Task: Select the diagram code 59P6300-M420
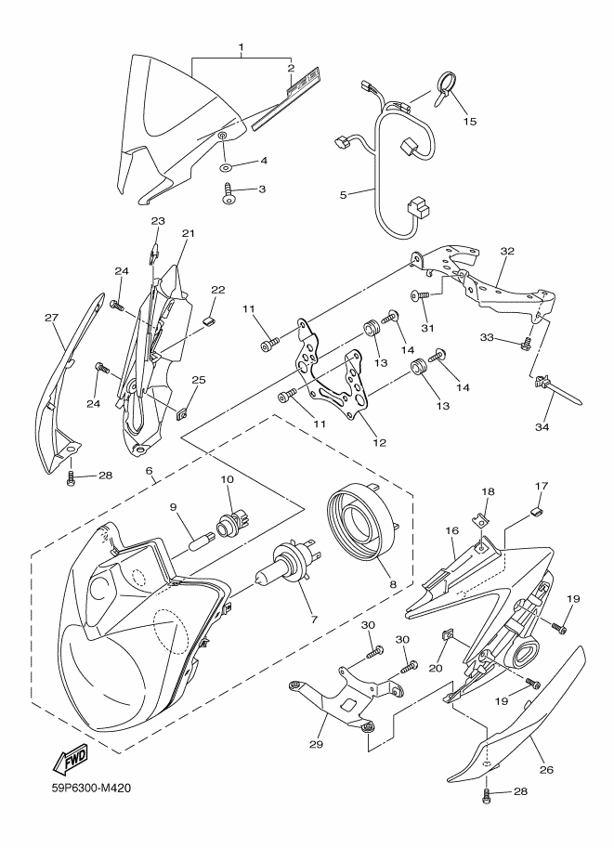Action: point(89,789)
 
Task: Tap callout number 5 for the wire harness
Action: point(343,195)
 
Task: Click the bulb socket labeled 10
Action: point(232,522)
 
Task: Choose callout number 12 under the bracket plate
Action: point(380,443)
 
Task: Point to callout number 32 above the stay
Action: point(507,251)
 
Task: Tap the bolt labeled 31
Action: point(423,295)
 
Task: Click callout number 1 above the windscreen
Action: point(242,47)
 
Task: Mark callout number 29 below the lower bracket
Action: point(316,745)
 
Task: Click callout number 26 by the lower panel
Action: point(546,770)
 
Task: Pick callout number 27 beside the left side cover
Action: point(51,318)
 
